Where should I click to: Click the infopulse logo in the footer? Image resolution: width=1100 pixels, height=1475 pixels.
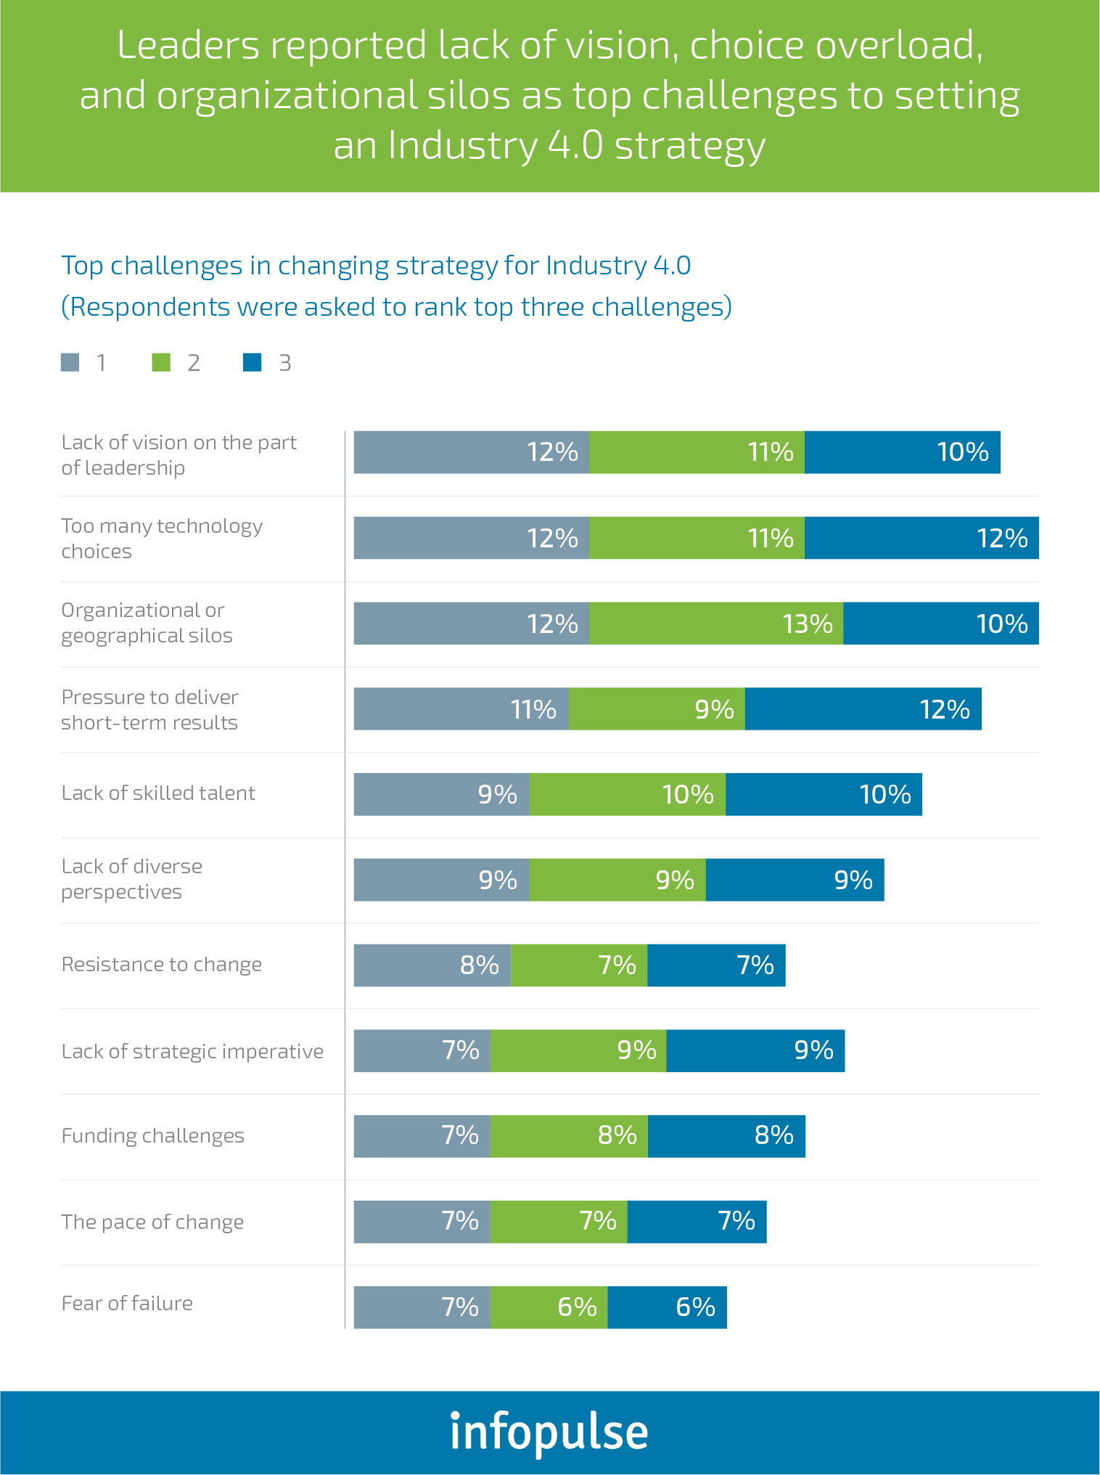(x=549, y=1432)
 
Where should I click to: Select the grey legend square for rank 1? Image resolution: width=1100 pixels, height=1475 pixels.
(x=70, y=362)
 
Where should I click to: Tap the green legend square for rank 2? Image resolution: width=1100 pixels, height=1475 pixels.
(x=161, y=362)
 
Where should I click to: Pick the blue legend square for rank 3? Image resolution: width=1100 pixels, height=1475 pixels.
(x=252, y=362)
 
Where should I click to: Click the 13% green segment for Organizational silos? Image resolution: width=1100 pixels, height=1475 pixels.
(x=715, y=624)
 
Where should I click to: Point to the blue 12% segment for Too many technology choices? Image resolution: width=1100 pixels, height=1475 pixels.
(x=922, y=538)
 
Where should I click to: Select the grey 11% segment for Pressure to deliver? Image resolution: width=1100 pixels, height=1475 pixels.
(x=461, y=709)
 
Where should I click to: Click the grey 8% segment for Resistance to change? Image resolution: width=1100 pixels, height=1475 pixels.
(x=432, y=965)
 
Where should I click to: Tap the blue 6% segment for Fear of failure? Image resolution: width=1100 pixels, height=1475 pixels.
(x=667, y=1307)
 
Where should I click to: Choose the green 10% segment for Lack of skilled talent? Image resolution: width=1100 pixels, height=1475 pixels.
(x=627, y=795)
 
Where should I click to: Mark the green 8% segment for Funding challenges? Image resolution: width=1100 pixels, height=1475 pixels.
(x=569, y=1136)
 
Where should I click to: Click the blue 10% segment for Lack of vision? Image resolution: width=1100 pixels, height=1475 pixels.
(x=902, y=452)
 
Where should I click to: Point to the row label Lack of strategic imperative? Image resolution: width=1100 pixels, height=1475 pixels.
(x=192, y=1051)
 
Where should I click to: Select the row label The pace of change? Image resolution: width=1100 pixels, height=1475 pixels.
(x=152, y=1222)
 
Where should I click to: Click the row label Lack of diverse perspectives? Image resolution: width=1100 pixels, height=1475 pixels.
(x=131, y=879)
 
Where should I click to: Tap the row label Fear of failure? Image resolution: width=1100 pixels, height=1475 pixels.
(x=127, y=1303)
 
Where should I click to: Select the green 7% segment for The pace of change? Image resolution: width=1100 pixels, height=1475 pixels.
(x=559, y=1222)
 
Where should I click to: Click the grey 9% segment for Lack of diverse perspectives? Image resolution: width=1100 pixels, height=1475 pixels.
(x=441, y=880)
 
